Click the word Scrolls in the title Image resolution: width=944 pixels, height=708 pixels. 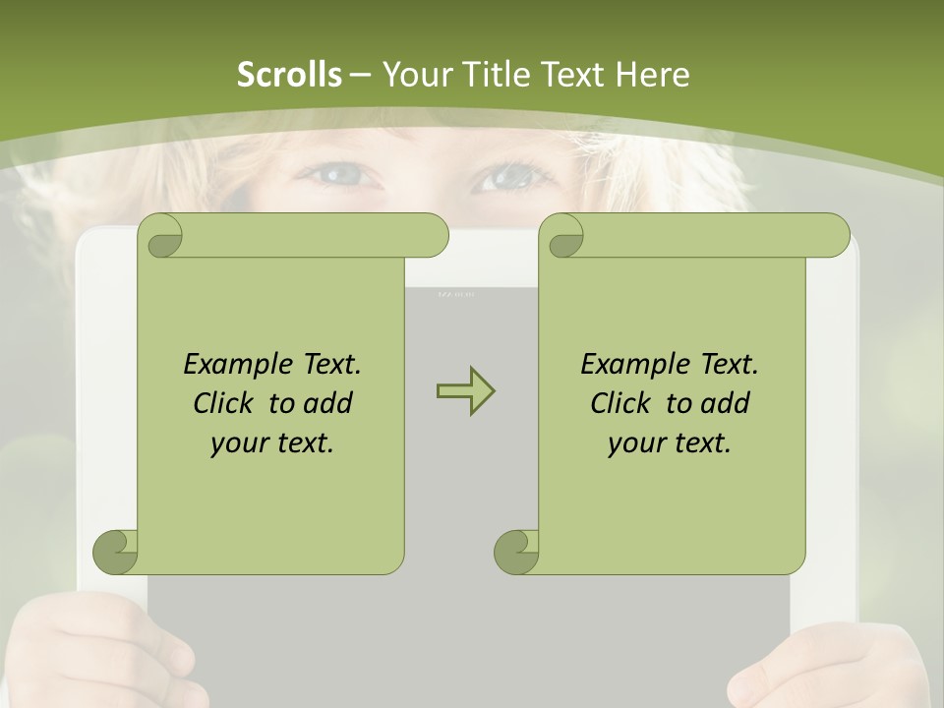(x=289, y=75)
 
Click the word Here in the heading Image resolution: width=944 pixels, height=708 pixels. (x=651, y=75)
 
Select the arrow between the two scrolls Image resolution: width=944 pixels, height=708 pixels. (x=465, y=390)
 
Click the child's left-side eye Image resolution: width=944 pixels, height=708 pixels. (x=340, y=176)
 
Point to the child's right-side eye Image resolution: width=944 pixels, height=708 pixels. (x=507, y=178)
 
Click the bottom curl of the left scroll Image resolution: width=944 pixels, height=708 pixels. (x=115, y=552)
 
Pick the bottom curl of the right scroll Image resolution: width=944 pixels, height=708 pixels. (x=516, y=552)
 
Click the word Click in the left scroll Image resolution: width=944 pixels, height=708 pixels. (x=226, y=403)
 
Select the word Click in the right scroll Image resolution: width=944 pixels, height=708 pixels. (x=623, y=403)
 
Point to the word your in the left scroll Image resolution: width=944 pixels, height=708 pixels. (x=236, y=443)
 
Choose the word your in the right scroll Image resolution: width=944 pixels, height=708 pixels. (x=633, y=443)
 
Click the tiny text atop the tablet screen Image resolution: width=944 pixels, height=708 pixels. (x=455, y=293)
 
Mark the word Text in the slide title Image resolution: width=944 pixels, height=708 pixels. (x=570, y=75)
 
